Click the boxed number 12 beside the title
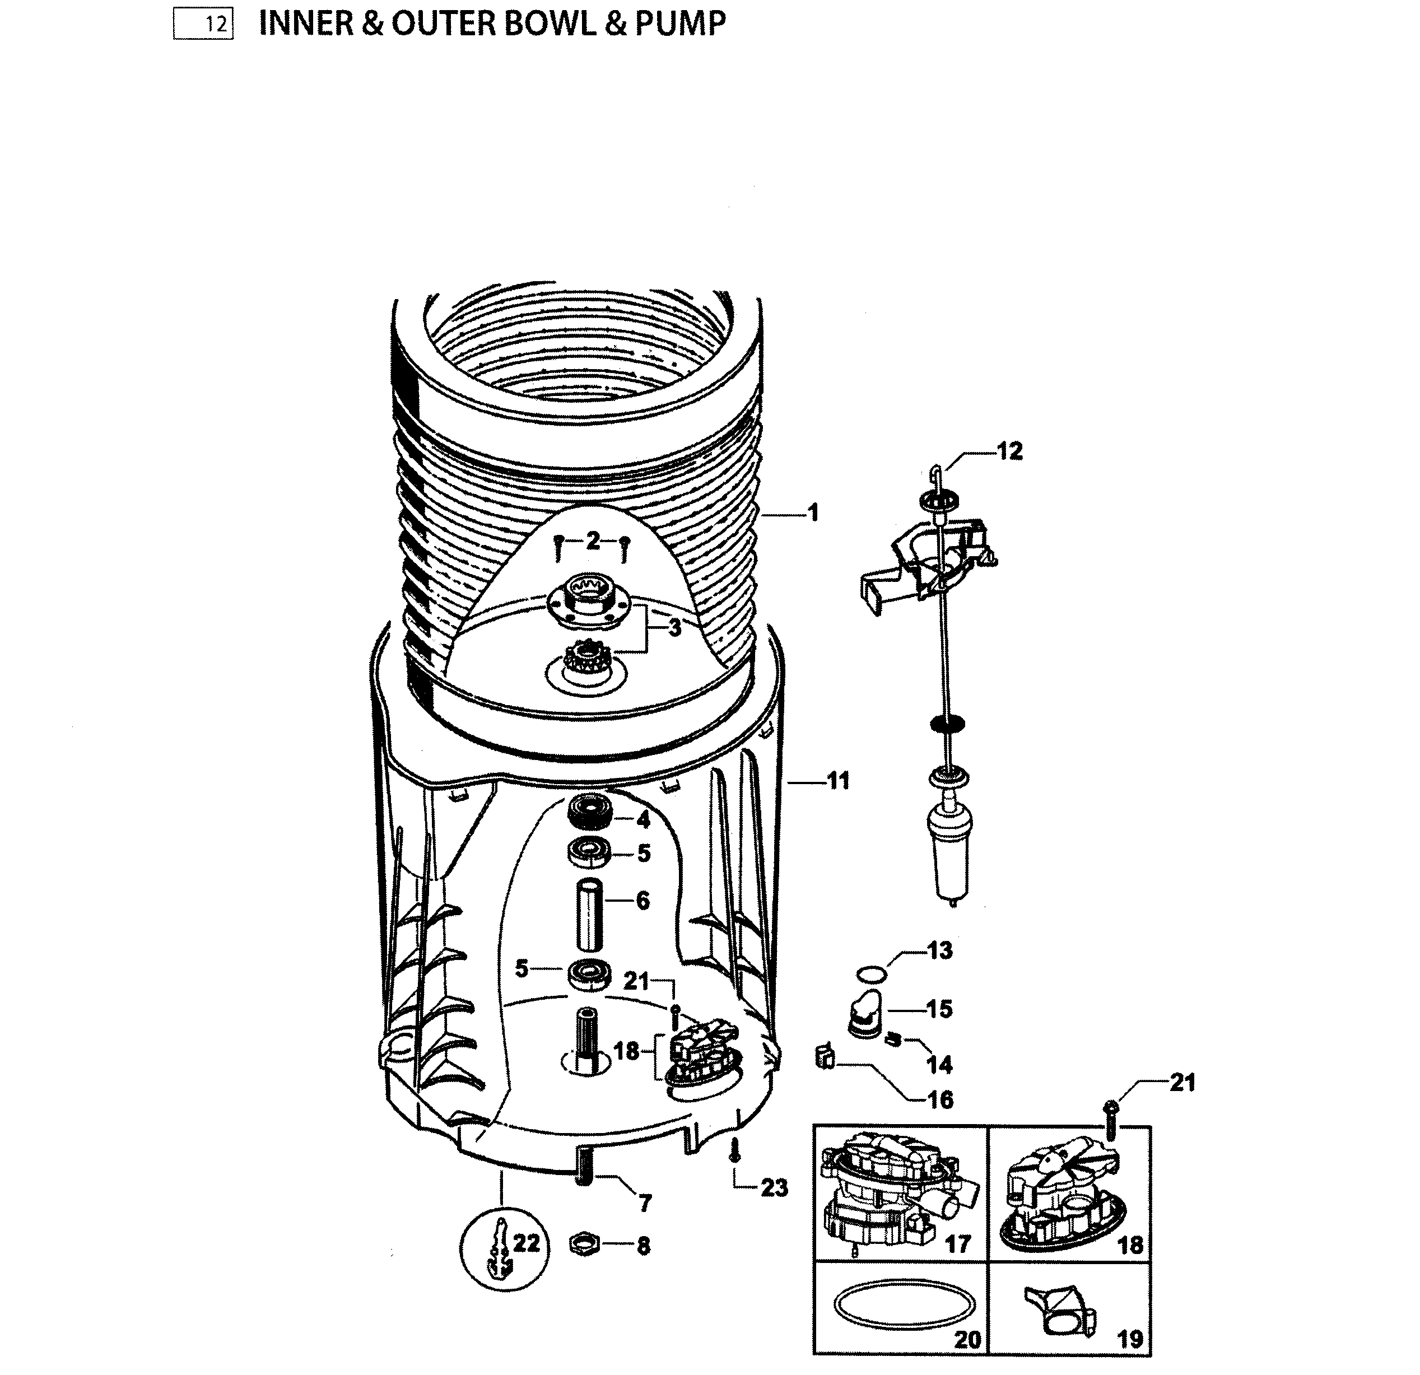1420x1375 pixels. click(x=203, y=25)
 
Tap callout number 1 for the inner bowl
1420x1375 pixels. click(x=813, y=513)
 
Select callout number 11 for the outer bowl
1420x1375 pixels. click(x=837, y=781)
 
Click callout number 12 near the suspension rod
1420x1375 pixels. click(x=1009, y=451)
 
